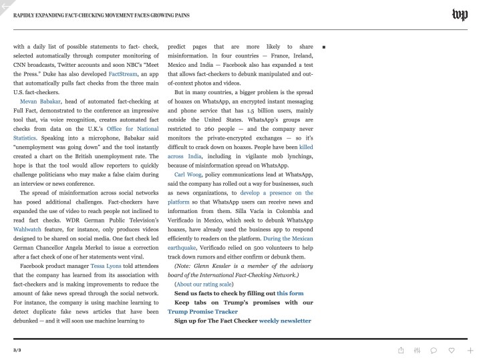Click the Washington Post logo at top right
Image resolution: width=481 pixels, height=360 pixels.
(460, 15)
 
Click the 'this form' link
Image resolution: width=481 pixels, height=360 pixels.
(290, 293)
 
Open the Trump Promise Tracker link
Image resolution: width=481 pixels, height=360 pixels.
(202, 311)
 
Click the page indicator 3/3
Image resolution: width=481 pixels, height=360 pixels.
(17, 350)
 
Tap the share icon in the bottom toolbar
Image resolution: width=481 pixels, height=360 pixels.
(401, 350)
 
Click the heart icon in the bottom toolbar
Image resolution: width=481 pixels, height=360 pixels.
(452, 350)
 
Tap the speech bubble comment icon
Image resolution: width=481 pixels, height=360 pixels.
(434, 350)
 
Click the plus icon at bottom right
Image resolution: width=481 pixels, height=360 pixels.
(470, 350)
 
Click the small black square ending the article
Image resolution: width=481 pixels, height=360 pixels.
(323, 47)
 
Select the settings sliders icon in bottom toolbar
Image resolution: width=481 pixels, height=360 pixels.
(417, 350)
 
